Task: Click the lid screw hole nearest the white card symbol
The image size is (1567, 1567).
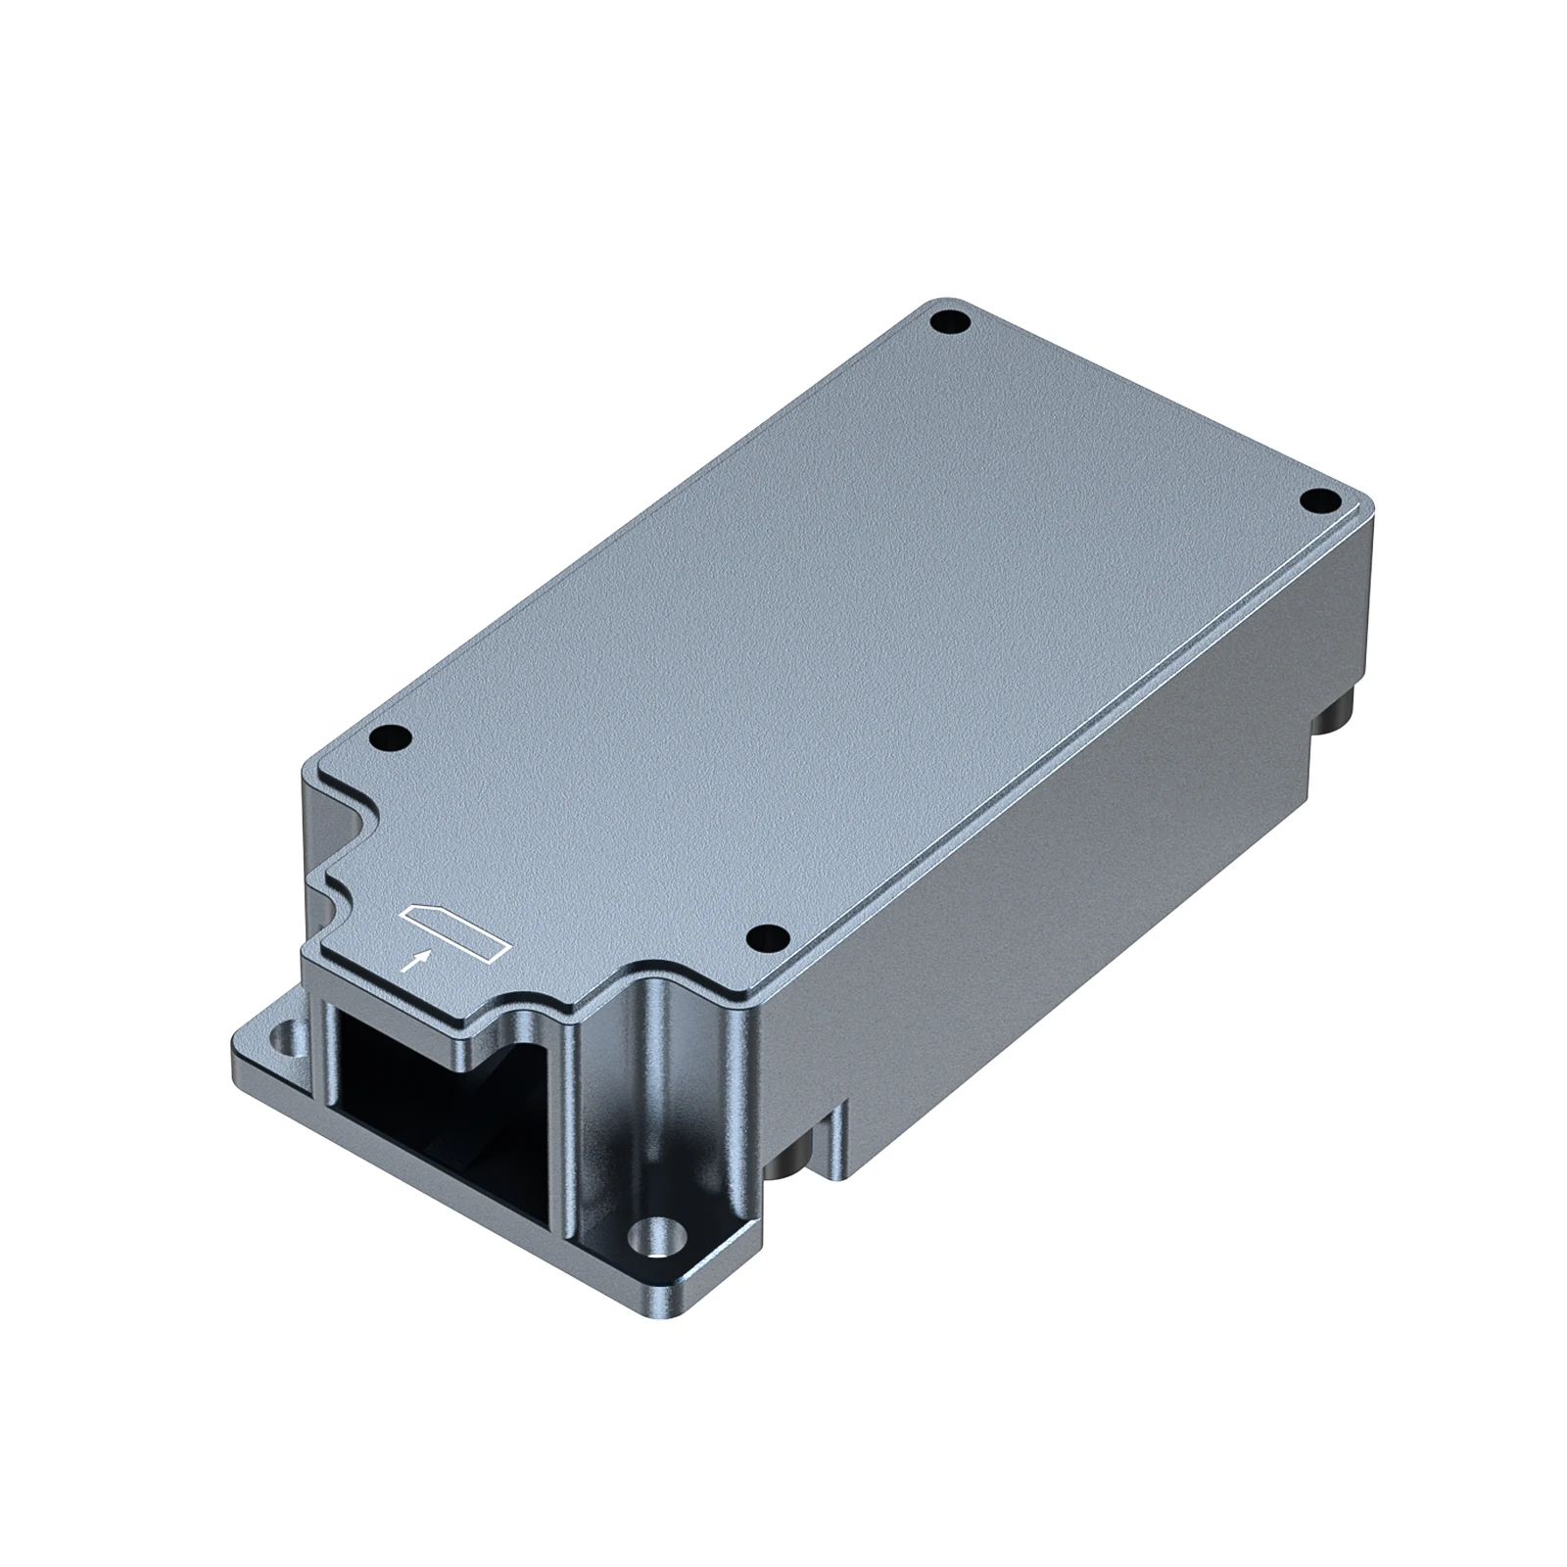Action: (x=766, y=938)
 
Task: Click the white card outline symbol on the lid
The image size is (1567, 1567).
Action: (x=455, y=929)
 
